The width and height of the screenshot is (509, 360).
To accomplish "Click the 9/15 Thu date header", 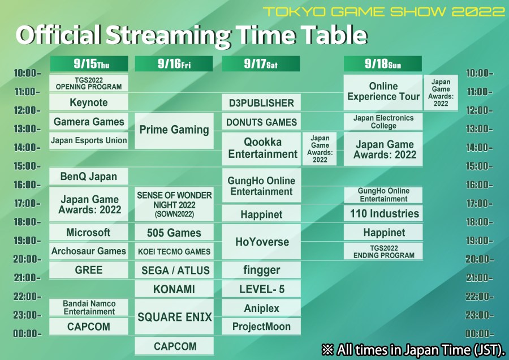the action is (x=89, y=64).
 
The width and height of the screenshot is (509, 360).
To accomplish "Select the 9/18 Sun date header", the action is (x=383, y=64).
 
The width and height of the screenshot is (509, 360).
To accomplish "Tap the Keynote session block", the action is (x=89, y=102).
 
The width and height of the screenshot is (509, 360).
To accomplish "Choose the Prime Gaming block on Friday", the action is (x=174, y=131).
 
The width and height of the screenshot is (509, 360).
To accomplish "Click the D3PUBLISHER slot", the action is (x=261, y=102).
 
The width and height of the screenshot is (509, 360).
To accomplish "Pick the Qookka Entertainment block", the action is (x=261, y=148).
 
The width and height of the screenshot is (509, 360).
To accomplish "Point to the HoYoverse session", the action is (x=261, y=242).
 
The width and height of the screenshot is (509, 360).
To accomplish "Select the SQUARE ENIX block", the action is (x=174, y=317).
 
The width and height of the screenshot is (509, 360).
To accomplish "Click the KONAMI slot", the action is (x=174, y=289).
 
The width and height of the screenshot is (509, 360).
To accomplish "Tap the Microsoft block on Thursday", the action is (x=89, y=232).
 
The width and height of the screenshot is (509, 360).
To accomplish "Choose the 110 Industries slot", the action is (x=383, y=213).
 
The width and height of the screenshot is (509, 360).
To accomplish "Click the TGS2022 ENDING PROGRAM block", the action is (x=383, y=251).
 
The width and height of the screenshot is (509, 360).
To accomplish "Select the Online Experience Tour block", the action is (x=383, y=92).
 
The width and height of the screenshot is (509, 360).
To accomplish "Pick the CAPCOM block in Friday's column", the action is (x=174, y=346).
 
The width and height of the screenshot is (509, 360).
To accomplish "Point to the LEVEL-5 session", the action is (x=261, y=289).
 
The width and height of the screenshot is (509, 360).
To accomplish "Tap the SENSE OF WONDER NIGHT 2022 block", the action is (x=174, y=204).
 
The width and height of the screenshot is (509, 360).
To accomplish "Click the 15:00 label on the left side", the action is (x=28, y=166).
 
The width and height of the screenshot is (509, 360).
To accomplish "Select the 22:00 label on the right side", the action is (x=480, y=296).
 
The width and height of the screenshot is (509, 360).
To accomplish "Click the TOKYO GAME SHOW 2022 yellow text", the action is (x=384, y=12).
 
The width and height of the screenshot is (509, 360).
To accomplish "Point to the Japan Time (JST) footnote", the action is (x=413, y=350).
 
